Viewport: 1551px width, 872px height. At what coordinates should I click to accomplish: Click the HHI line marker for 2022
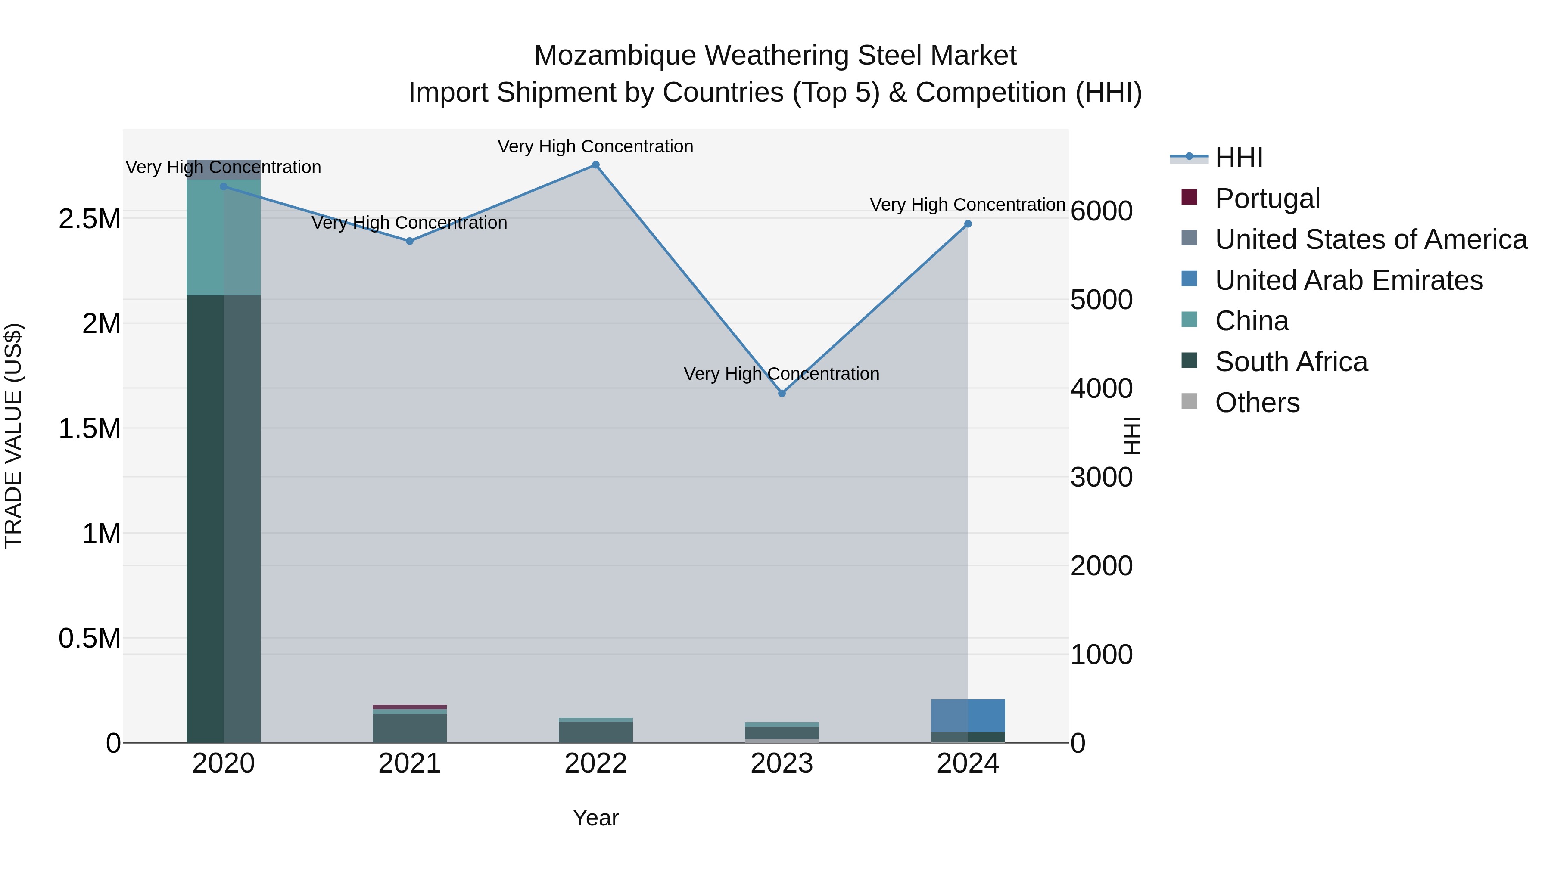595,165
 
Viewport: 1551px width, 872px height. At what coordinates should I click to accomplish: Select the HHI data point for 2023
782,393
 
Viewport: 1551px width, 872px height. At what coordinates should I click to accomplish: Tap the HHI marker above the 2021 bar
409,241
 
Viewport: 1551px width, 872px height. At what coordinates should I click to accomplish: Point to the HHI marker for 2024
968,224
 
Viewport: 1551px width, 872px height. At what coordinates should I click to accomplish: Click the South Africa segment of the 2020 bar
223,518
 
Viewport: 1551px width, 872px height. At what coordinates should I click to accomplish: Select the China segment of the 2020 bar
223,238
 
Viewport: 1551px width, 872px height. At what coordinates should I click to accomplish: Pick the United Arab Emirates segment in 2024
968,715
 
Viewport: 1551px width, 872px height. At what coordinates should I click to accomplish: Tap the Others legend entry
1257,403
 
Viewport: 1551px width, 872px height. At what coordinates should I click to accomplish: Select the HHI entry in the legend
1239,158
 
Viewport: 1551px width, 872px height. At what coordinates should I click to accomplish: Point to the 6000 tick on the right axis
1101,211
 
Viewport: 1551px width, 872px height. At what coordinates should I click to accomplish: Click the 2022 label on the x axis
595,763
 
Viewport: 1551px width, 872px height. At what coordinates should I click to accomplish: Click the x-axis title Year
595,818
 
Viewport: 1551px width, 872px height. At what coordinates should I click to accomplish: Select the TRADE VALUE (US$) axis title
13,436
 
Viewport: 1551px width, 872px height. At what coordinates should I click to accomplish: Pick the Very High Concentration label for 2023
782,374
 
